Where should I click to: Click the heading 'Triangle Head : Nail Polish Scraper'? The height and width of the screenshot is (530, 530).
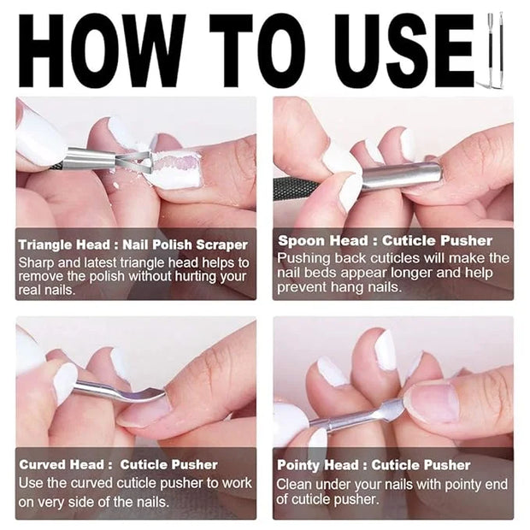click(132, 244)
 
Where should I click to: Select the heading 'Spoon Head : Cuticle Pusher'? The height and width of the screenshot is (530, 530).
click(385, 240)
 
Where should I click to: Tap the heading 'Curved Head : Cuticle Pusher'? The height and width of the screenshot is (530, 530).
click(118, 464)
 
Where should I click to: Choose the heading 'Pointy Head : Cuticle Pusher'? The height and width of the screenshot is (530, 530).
click(374, 465)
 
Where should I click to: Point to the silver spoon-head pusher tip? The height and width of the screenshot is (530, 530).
click(402, 175)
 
